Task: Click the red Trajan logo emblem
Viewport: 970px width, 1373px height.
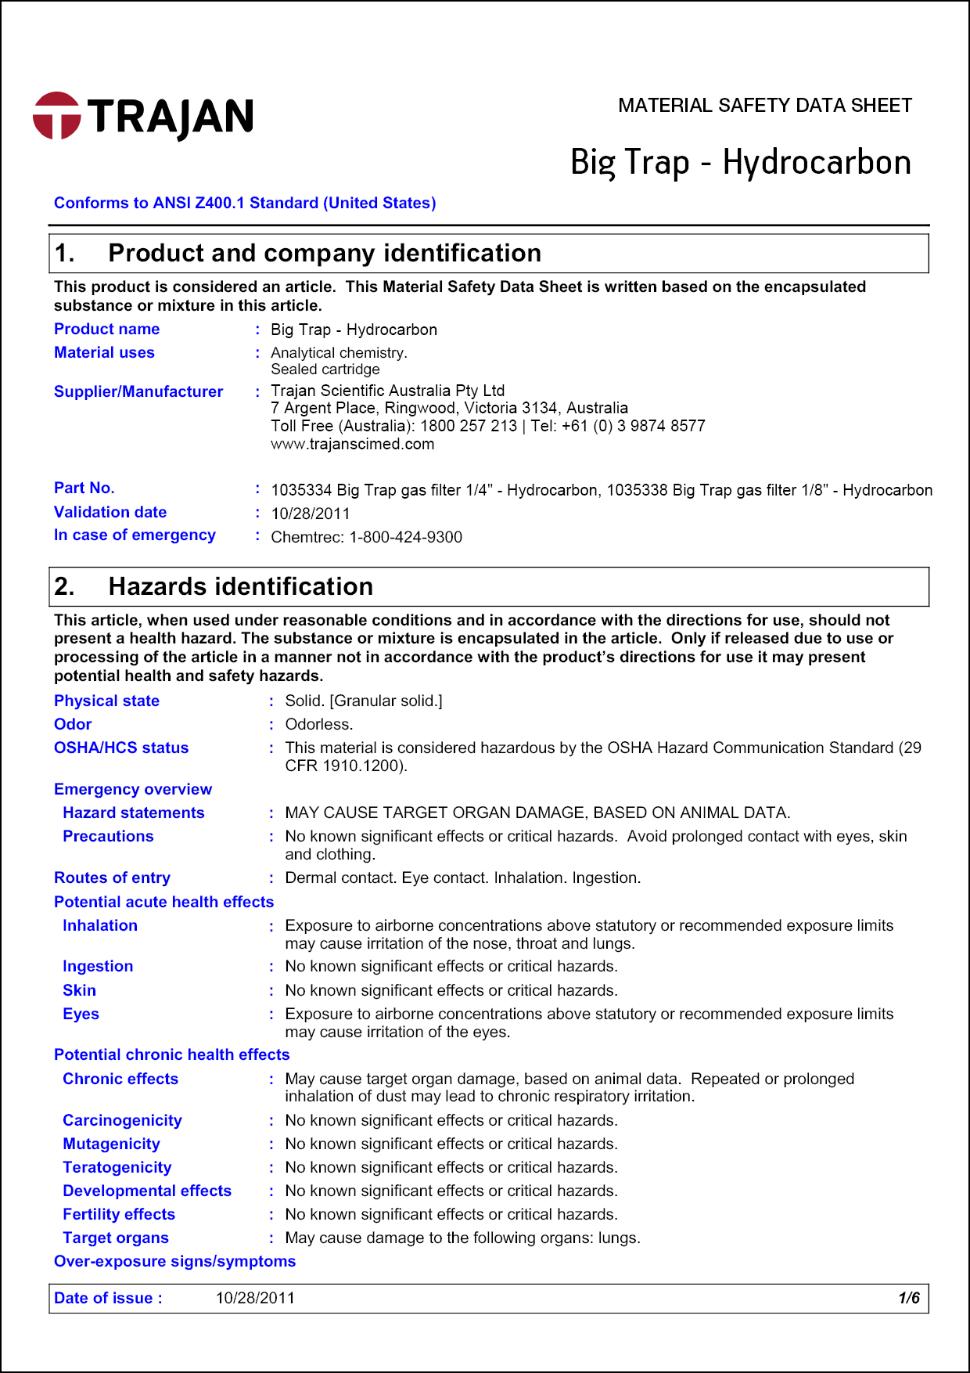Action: click(x=56, y=116)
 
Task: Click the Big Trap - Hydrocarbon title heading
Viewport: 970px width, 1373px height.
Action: click(x=740, y=163)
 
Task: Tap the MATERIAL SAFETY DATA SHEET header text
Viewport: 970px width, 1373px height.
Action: click(x=764, y=106)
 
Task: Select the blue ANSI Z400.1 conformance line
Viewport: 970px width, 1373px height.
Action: click(x=244, y=204)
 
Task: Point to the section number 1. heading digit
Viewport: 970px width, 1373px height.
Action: click(x=65, y=254)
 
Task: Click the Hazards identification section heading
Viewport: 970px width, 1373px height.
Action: click(x=240, y=587)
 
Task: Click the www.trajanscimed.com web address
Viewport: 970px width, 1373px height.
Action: click(x=352, y=445)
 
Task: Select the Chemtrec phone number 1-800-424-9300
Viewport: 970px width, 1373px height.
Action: click(x=405, y=538)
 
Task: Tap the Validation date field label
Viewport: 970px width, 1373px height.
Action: click(x=110, y=513)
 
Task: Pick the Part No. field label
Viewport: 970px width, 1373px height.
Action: click(x=84, y=488)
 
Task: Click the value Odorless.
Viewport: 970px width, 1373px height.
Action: click(x=318, y=725)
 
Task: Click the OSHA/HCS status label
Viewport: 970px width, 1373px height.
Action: click(x=121, y=748)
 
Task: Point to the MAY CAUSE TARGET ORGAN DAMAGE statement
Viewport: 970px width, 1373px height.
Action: click(x=537, y=813)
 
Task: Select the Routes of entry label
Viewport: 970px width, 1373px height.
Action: click(x=112, y=878)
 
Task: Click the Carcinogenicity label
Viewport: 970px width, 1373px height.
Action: click(x=122, y=1121)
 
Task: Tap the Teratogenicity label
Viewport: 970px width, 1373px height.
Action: click(x=117, y=1168)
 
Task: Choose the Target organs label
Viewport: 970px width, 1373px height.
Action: click(x=116, y=1238)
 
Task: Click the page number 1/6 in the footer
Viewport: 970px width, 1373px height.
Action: click(x=908, y=1299)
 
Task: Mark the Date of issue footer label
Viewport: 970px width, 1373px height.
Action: click(x=108, y=1299)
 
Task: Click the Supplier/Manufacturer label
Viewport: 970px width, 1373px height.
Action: click(x=138, y=392)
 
